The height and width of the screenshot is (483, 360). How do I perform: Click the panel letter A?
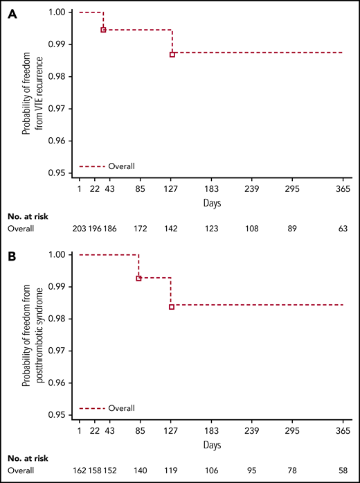[x=12, y=15]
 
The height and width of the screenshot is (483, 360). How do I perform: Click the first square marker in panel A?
[x=103, y=30]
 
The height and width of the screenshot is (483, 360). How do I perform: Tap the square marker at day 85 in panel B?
[x=139, y=278]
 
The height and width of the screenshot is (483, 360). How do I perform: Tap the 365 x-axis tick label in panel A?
[x=343, y=191]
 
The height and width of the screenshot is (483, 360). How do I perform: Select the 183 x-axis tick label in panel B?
[x=211, y=432]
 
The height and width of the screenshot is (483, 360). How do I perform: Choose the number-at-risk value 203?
[x=81, y=228]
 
